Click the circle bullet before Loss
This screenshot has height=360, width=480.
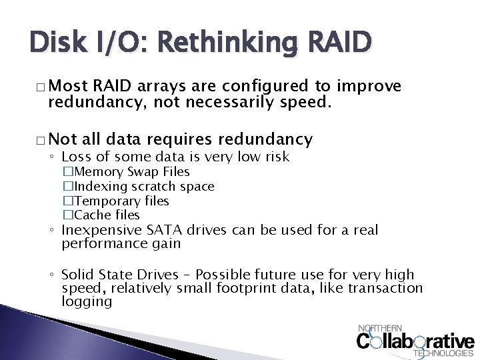(53, 157)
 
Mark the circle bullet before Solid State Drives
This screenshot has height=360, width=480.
(53, 275)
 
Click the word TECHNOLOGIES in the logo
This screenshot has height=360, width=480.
(444, 353)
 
